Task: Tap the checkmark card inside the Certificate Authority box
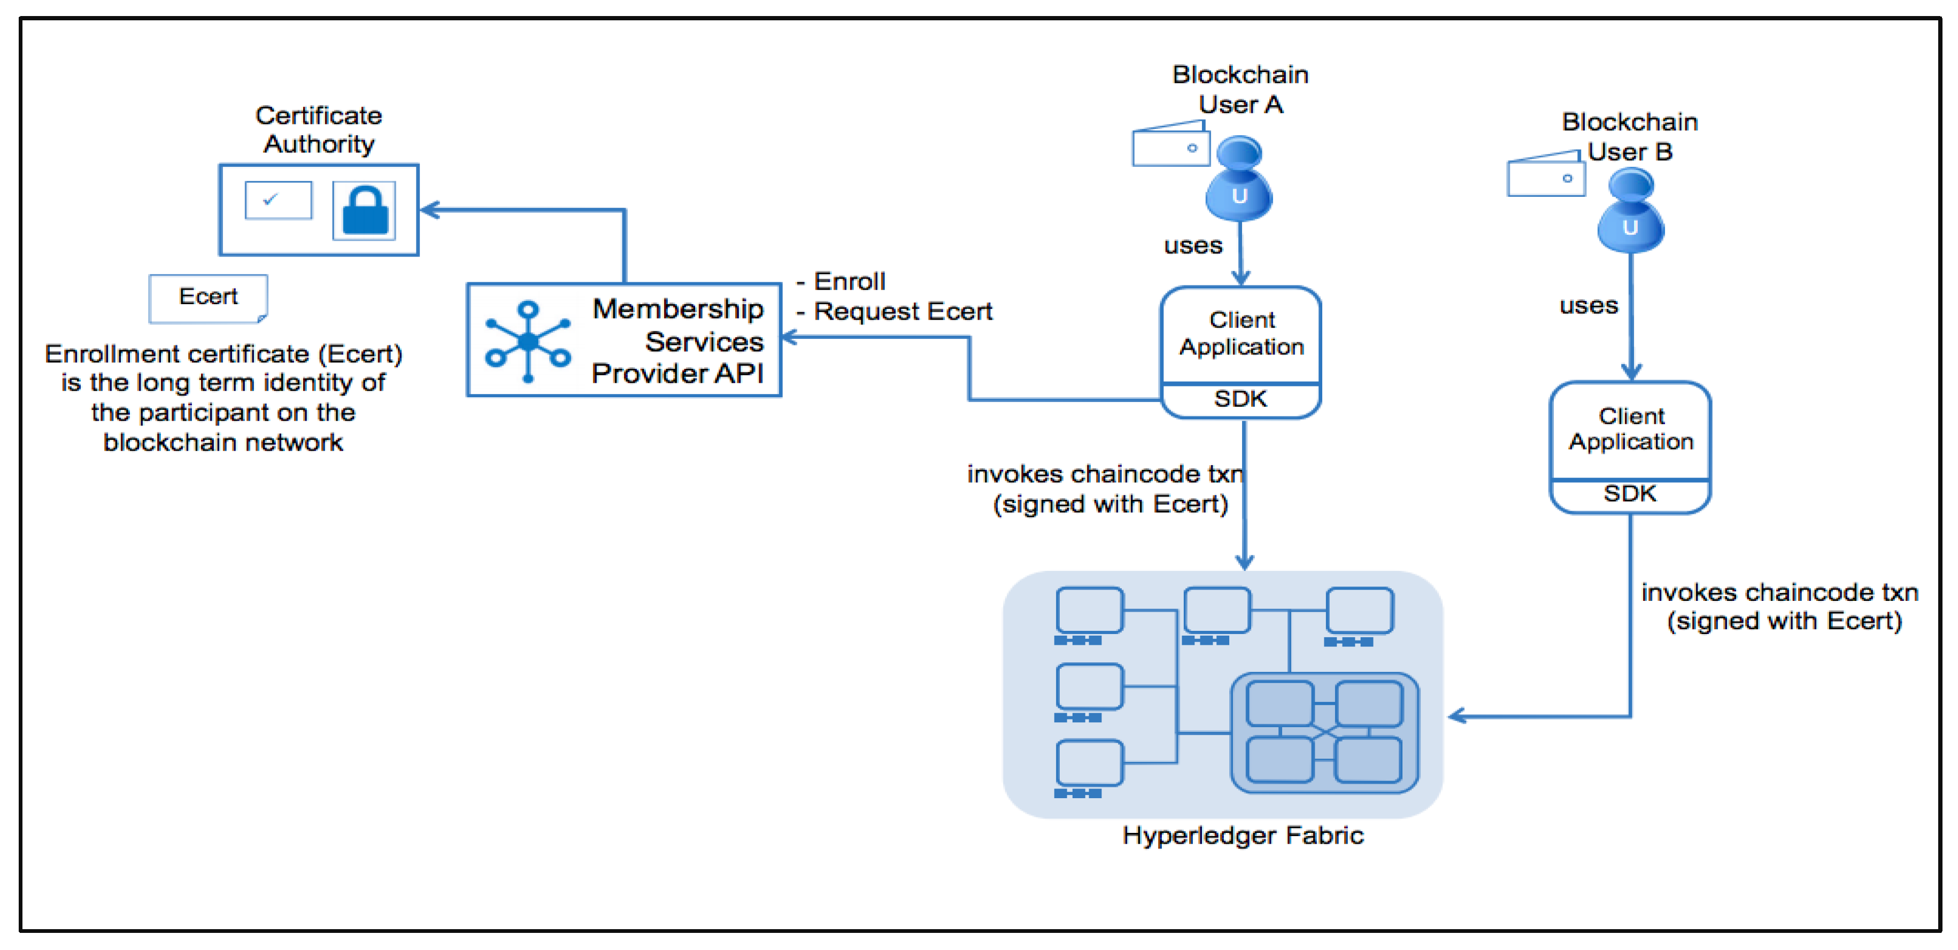(x=278, y=200)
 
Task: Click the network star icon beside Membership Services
(x=528, y=341)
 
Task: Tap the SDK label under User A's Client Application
(x=1240, y=399)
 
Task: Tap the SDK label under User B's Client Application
(x=1630, y=494)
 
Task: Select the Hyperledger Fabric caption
(x=1243, y=835)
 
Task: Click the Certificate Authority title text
(x=319, y=130)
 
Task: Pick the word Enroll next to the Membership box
(x=849, y=282)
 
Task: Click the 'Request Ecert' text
(x=902, y=312)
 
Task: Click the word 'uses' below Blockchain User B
(x=1589, y=305)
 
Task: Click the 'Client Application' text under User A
(x=1241, y=334)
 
